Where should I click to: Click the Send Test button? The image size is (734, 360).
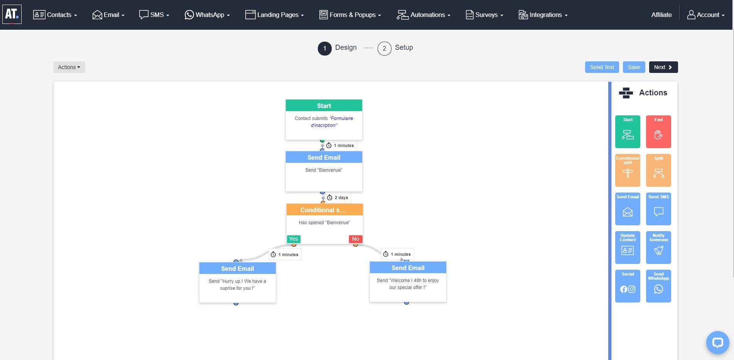(602, 67)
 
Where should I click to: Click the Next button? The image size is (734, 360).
(663, 67)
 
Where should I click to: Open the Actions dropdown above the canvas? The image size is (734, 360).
(69, 67)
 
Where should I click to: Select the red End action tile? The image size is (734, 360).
(658, 132)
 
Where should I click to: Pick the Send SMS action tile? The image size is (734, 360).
(658, 209)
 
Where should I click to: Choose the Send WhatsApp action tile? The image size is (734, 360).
(658, 286)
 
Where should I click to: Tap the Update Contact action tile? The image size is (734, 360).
(628, 247)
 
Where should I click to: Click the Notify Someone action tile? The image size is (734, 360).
(658, 247)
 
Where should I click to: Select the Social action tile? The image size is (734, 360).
(628, 286)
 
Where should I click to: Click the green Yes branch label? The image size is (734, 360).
(294, 239)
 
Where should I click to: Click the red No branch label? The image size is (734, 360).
(356, 239)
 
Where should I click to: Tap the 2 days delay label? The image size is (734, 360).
(338, 198)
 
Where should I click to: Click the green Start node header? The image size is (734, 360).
(324, 106)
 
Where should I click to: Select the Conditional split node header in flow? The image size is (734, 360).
(324, 210)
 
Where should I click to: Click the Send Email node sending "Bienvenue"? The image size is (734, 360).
(324, 171)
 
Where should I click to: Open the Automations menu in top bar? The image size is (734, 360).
(424, 15)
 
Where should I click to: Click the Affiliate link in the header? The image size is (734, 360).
(661, 15)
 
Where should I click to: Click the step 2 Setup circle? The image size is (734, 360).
(384, 49)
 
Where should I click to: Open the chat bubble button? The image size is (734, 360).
(717, 343)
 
